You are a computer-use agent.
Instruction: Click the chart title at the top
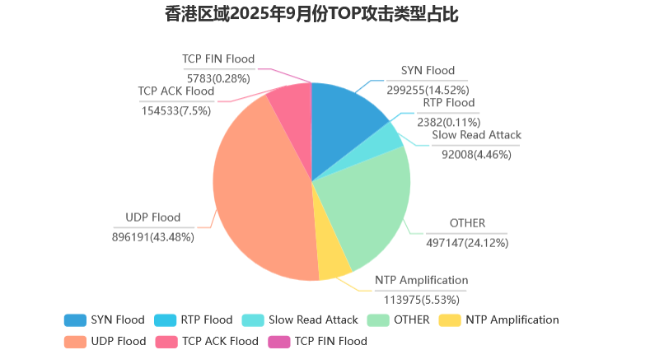click(323, 14)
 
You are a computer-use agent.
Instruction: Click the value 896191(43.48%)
click(152, 236)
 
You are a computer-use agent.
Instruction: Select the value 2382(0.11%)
click(448, 122)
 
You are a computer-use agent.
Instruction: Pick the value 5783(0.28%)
click(218, 78)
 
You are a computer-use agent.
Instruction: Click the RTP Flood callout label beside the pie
click(448, 103)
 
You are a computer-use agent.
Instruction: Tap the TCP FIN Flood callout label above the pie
click(218, 59)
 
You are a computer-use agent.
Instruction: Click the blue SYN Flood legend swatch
click(75, 320)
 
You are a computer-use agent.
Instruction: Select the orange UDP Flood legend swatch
click(75, 341)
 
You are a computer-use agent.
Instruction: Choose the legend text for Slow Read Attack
click(313, 320)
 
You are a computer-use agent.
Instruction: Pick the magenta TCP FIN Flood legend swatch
click(279, 341)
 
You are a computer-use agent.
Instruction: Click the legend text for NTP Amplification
click(512, 320)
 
